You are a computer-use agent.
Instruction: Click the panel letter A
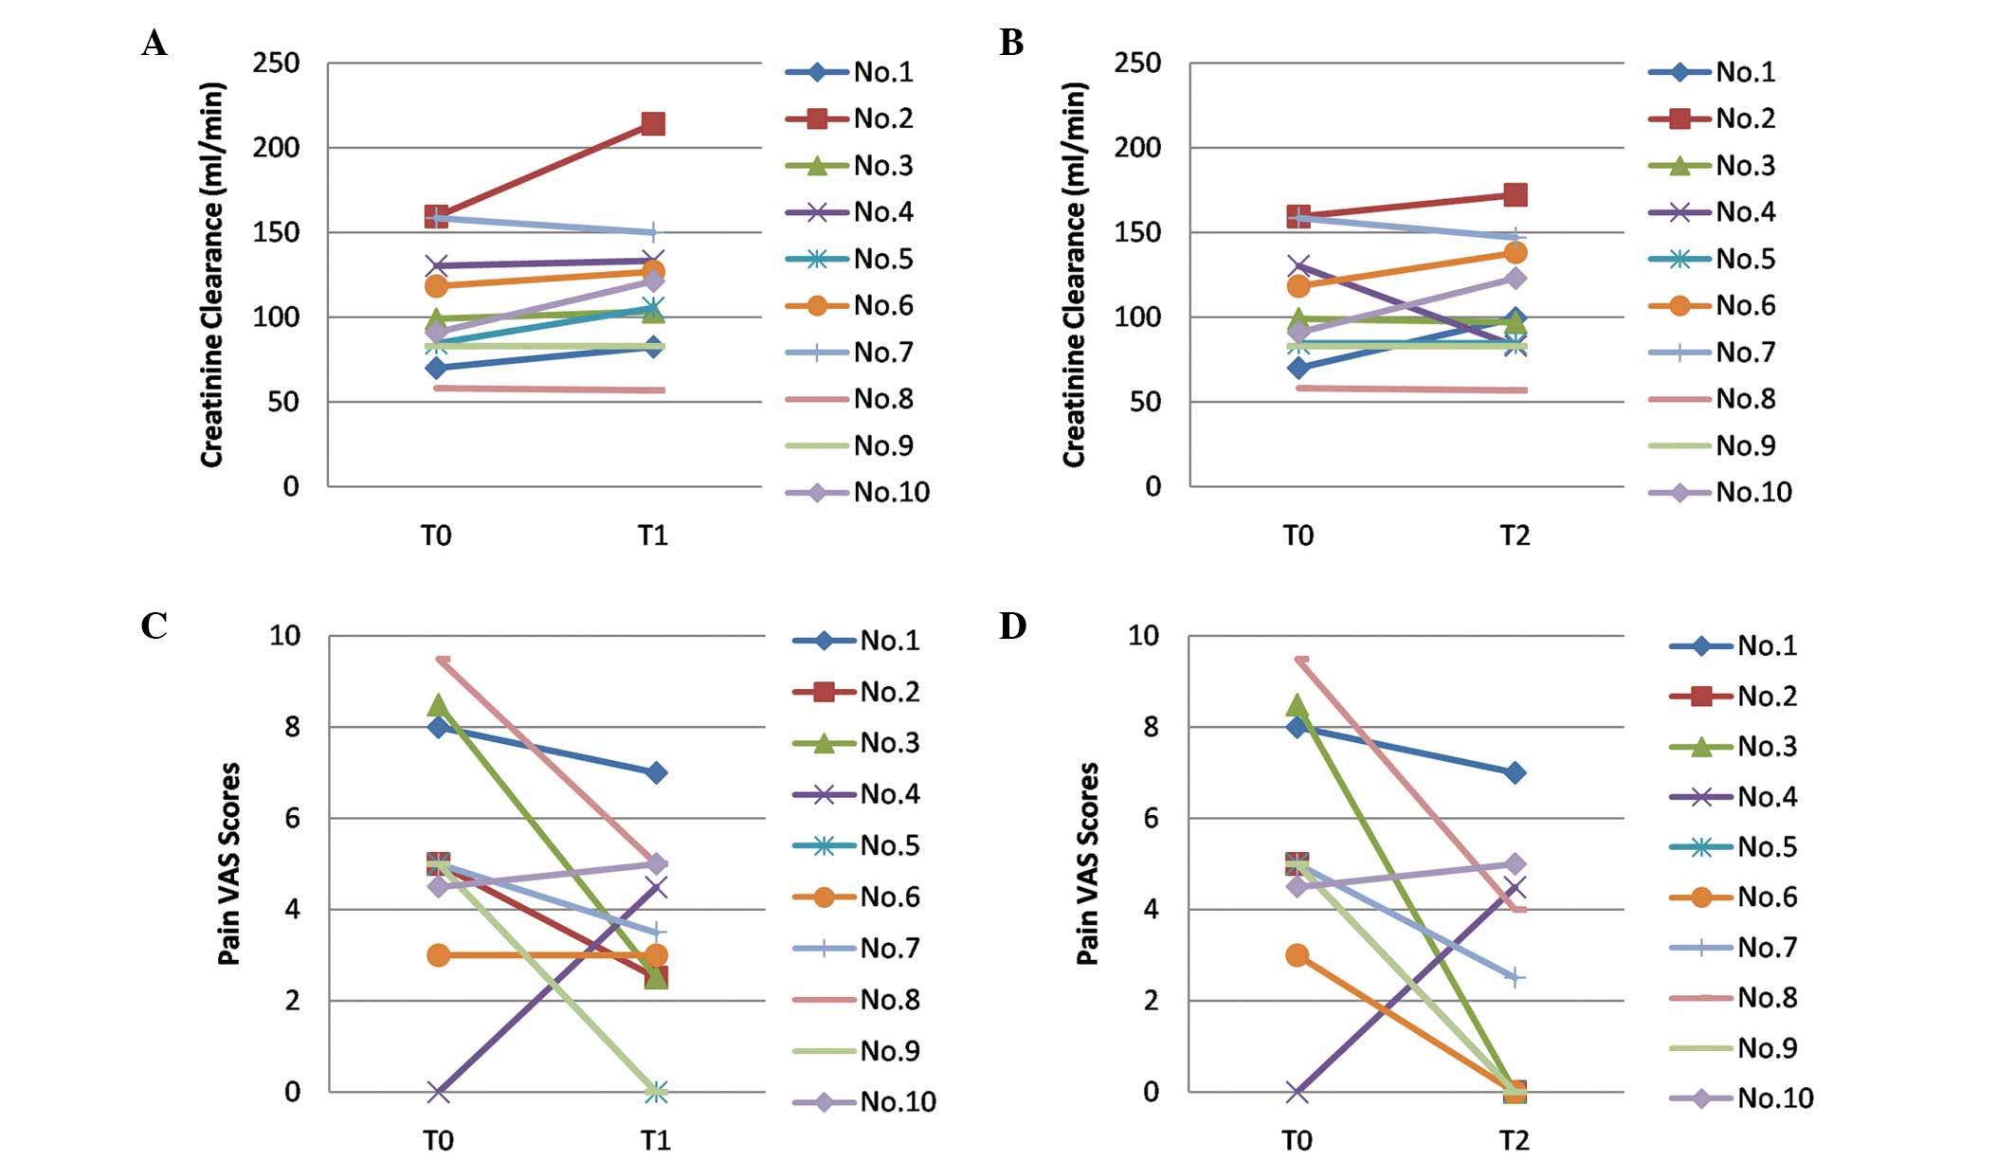click(154, 44)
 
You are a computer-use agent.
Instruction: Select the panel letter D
click(1012, 626)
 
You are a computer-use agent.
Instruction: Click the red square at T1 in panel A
click(653, 124)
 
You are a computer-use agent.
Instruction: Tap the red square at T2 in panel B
click(1515, 195)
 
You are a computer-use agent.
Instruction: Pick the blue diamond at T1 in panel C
click(655, 772)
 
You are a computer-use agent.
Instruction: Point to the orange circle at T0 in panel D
click(1298, 955)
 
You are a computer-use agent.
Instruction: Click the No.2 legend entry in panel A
click(882, 118)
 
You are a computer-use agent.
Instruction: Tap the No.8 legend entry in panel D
click(1767, 997)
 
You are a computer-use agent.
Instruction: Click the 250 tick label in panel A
click(276, 63)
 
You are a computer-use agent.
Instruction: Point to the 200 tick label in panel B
click(1137, 148)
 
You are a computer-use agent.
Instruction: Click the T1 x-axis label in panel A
click(652, 536)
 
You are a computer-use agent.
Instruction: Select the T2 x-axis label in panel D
click(1514, 1141)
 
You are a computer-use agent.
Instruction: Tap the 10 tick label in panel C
click(284, 636)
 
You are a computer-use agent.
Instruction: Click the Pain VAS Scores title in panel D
click(1088, 863)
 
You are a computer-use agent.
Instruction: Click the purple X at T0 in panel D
click(1298, 1092)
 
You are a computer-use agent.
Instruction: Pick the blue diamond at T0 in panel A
click(436, 368)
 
